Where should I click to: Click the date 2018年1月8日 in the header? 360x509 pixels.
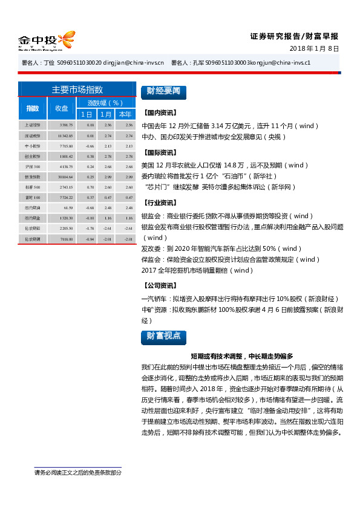click(x=314, y=48)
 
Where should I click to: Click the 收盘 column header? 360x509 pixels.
click(x=62, y=108)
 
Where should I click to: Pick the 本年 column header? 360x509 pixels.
click(x=125, y=114)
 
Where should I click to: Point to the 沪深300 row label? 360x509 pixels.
click(x=32, y=166)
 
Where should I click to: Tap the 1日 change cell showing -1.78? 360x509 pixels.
click(x=90, y=229)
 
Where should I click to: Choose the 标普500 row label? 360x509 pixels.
click(x=32, y=187)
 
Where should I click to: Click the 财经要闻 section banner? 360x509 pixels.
click(x=163, y=91)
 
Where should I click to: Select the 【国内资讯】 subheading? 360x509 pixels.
click(x=160, y=113)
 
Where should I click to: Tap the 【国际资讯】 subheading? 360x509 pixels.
click(x=160, y=152)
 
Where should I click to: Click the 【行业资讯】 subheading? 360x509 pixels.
click(x=160, y=203)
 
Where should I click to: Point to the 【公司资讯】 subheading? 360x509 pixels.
click(x=160, y=285)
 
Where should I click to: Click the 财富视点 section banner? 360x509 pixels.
click(x=163, y=337)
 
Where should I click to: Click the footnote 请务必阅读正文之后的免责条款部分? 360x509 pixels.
click(x=77, y=472)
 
